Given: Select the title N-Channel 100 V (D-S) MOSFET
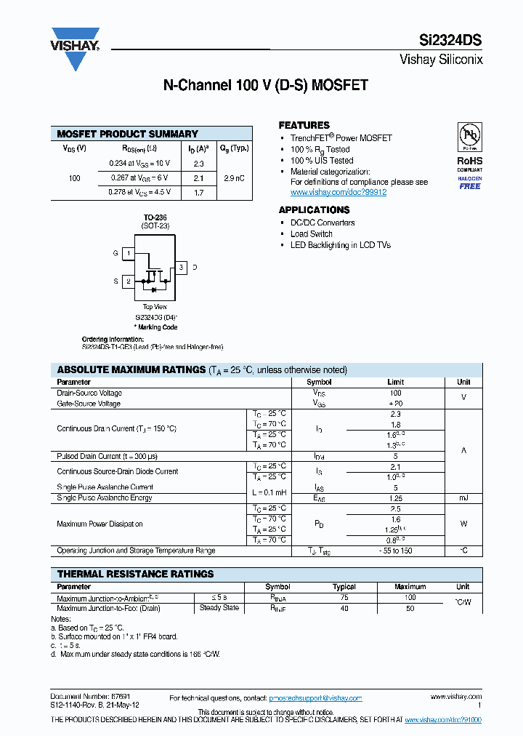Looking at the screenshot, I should click(265, 85).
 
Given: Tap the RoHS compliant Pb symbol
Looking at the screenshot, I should click(469, 137).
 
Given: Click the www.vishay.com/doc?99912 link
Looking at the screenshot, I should click(338, 193).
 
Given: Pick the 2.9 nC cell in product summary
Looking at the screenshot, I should click(233, 178).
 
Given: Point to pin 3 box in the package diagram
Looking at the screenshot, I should click(182, 268).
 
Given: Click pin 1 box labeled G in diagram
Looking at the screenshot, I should click(128, 253).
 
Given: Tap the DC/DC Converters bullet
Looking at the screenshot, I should click(323, 223).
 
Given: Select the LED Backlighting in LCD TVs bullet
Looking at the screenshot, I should click(340, 245).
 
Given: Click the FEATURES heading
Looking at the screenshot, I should click(304, 125).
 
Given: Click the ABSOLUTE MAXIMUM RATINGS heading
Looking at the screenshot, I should click(131, 369).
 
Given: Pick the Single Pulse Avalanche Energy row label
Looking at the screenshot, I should click(105, 497).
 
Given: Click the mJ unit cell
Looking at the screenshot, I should click(463, 497).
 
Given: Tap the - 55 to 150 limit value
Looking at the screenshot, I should click(395, 551).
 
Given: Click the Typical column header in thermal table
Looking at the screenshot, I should click(344, 587).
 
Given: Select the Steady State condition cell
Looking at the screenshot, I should click(219, 608).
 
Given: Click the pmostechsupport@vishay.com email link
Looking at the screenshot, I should click(315, 698).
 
